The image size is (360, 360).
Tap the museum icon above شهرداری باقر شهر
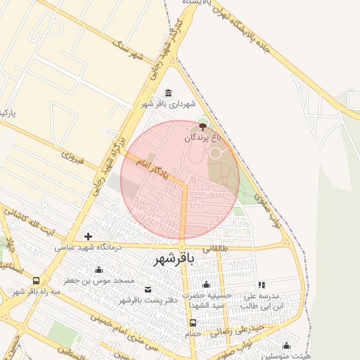coord(168,94)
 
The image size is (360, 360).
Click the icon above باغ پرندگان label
coord(203,127)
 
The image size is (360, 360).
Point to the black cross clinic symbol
coord(88,236)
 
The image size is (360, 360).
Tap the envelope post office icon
coord(148,290)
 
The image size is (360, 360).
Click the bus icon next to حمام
coord(193,323)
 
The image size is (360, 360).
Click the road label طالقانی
coord(216,248)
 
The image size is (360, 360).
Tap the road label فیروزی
coord(70,155)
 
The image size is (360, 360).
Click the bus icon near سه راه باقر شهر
coord(37,279)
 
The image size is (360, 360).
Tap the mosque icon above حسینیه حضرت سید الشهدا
coord(206,285)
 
